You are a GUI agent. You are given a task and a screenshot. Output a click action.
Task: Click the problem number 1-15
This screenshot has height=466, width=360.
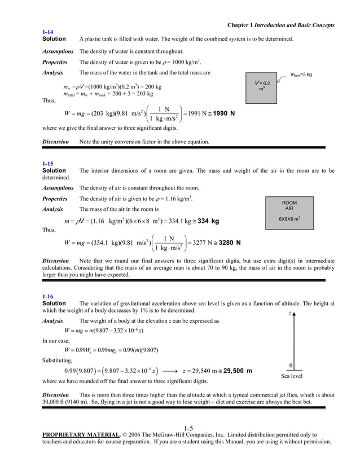[48, 164]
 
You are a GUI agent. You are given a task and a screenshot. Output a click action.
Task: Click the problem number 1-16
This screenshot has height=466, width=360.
[48, 296]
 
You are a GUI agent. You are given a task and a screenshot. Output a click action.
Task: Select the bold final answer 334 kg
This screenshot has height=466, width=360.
[206, 221]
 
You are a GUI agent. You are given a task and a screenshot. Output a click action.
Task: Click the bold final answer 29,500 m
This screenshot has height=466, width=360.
[232, 371]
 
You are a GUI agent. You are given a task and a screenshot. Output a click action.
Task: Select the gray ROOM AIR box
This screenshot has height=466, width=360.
[289, 213]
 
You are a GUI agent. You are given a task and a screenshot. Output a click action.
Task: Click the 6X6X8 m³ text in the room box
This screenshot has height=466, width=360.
[289, 219]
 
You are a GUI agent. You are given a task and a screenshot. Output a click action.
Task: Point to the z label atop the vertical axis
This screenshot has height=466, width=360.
[289, 312]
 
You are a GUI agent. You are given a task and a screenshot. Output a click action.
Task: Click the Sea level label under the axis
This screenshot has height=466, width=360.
[292, 376]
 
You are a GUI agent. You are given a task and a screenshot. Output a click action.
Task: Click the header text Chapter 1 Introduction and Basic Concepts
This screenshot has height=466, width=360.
[280, 25]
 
